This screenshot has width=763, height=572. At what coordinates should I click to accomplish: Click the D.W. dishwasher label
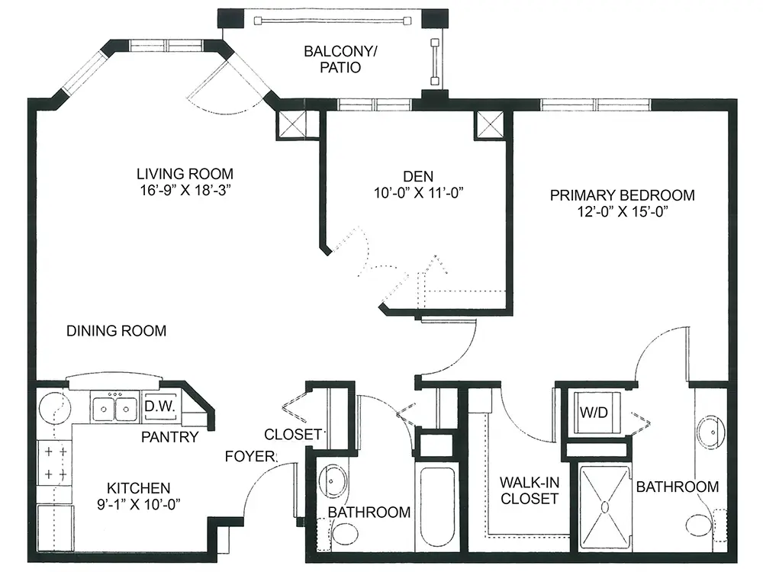coord(159,406)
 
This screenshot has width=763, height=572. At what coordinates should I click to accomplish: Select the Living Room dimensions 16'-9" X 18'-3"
coord(185,190)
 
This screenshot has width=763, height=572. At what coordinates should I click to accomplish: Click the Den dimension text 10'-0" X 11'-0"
coord(418,193)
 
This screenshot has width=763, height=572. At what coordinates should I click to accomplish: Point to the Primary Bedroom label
coord(622,195)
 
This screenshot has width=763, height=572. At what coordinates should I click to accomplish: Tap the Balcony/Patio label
coord(340,59)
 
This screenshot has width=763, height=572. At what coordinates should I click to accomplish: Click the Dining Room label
coord(116,331)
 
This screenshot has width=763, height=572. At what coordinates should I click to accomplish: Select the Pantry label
coord(170,437)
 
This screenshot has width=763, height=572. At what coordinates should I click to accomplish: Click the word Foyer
coord(250,456)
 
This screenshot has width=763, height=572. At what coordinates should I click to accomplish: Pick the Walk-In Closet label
coord(530,490)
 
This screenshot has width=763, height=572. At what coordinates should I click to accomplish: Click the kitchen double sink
coord(114,408)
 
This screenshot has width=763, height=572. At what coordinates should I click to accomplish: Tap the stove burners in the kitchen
coord(55,463)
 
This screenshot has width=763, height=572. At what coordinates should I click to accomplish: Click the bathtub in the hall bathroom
coord(437,507)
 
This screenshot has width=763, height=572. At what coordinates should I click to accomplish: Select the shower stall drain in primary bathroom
coord(605,507)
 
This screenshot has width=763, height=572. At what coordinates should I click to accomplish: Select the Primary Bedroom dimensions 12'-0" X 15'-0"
coord(622,211)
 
